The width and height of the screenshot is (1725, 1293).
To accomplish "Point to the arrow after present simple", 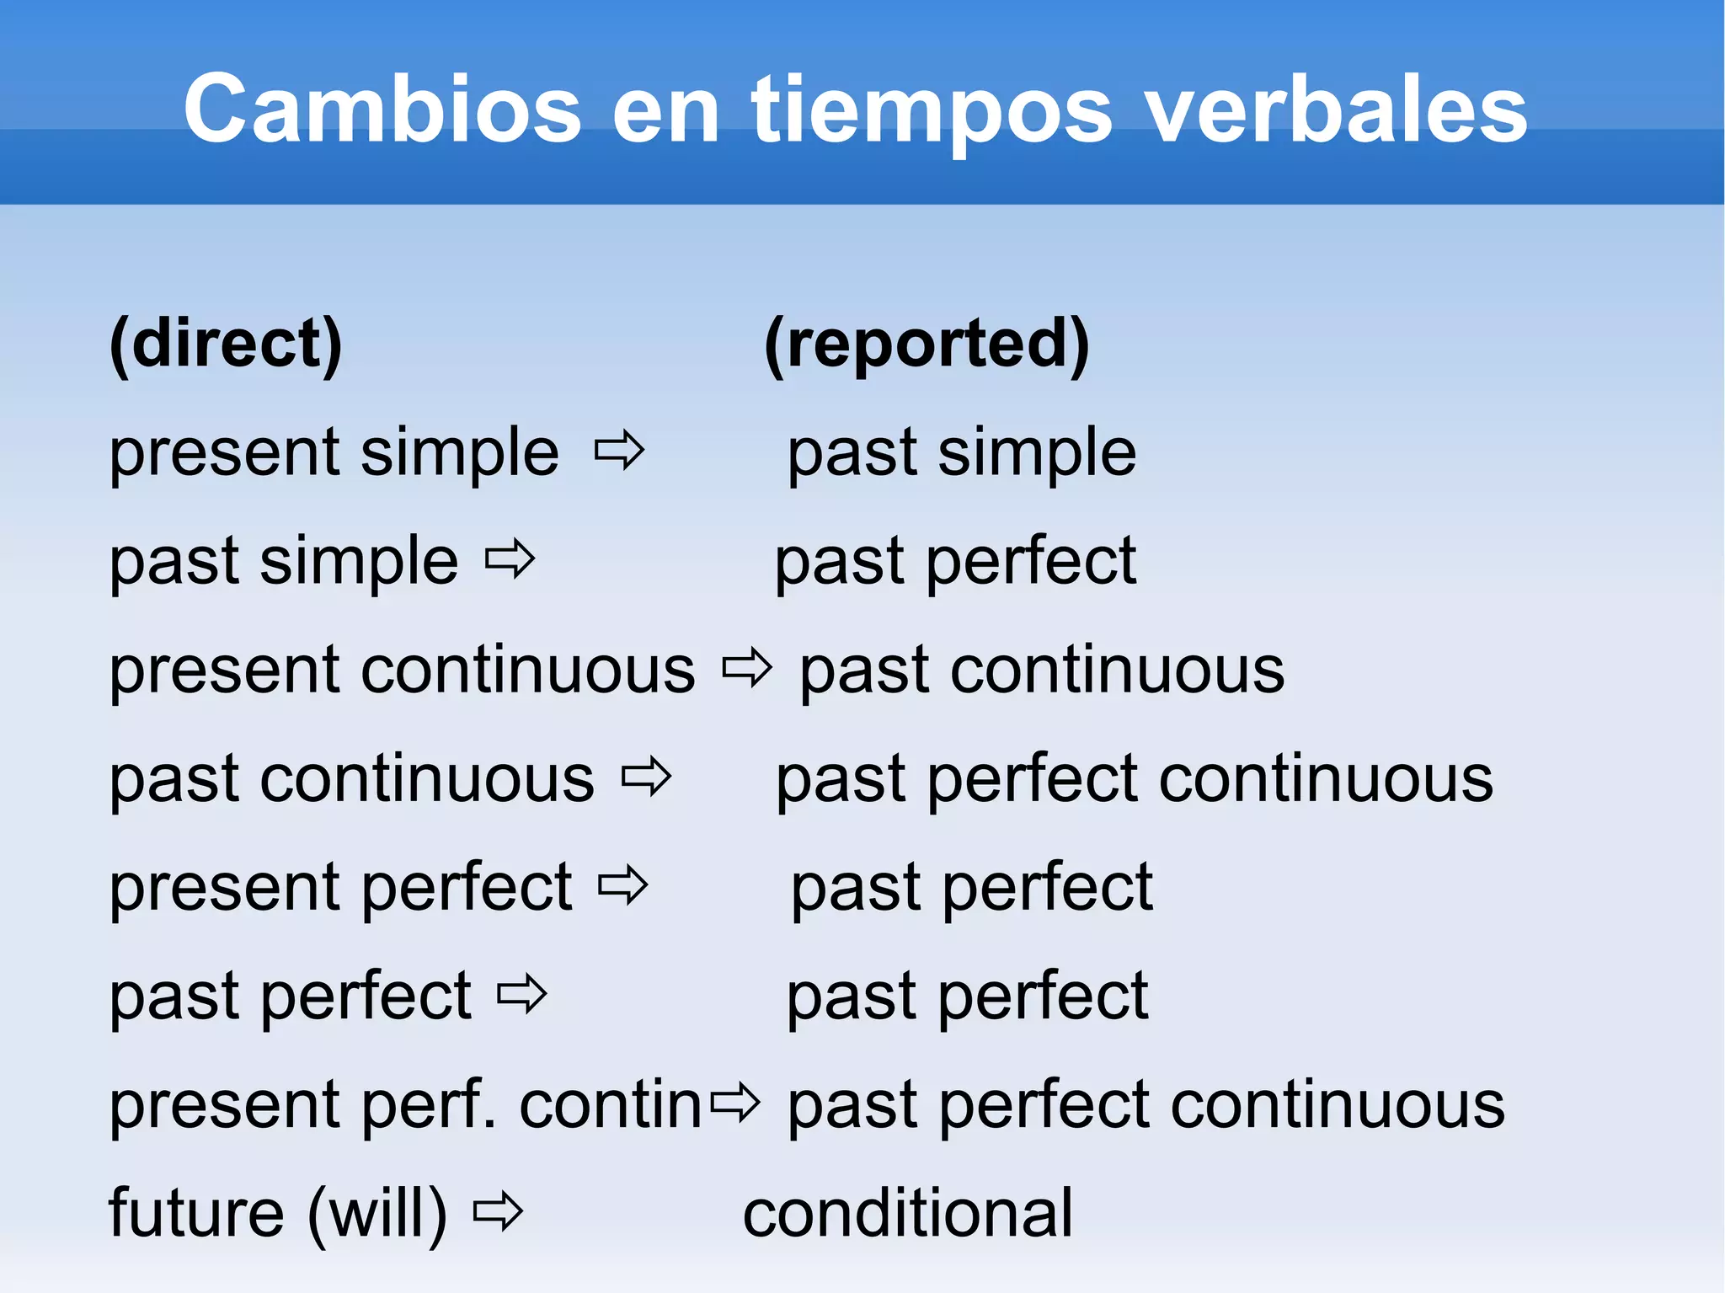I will (x=620, y=451).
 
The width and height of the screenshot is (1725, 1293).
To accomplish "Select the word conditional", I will (x=908, y=1213).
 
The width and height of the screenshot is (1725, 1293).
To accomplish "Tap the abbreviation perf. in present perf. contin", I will (x=430, y=1105).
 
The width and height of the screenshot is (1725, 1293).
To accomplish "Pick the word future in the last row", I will (x=196, y=1213).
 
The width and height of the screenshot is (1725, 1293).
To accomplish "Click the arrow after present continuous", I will (x=747, y=668).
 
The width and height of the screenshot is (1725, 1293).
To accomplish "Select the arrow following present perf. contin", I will (x=735, y=1103).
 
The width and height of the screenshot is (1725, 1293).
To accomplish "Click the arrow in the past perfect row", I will (x=522, y=995).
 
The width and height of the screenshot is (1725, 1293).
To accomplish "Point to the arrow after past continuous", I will (x=647, y=777).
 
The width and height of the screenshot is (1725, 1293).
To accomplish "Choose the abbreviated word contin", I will (x=611, y=1103).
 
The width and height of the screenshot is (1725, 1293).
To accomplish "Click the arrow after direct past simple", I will (x=510, y=560).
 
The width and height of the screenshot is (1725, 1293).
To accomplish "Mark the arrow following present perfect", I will (x=623, y=886).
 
